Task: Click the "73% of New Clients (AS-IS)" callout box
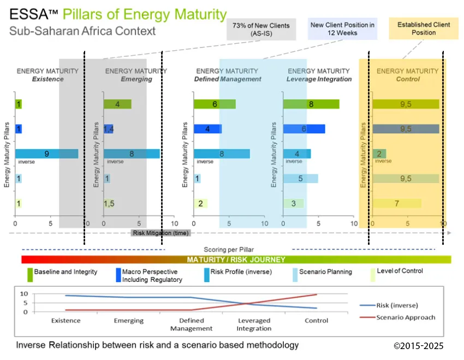click(261, 29)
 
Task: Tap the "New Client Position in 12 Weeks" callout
click(342, 29)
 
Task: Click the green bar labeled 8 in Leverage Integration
click(311, 104)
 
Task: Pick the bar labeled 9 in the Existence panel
click(46, 154)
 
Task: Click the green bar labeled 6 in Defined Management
click(215, 104)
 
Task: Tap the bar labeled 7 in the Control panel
click(397, 204)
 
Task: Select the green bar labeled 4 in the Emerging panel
click(117, 104)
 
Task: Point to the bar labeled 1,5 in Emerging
click(109, 204)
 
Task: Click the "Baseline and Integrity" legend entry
click(66, 272)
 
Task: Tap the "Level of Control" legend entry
click(400, 271)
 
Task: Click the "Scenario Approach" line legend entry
click(405, 317)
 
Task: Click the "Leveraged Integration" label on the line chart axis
click(254, 324)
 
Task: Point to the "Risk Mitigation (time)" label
click(160, 233)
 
